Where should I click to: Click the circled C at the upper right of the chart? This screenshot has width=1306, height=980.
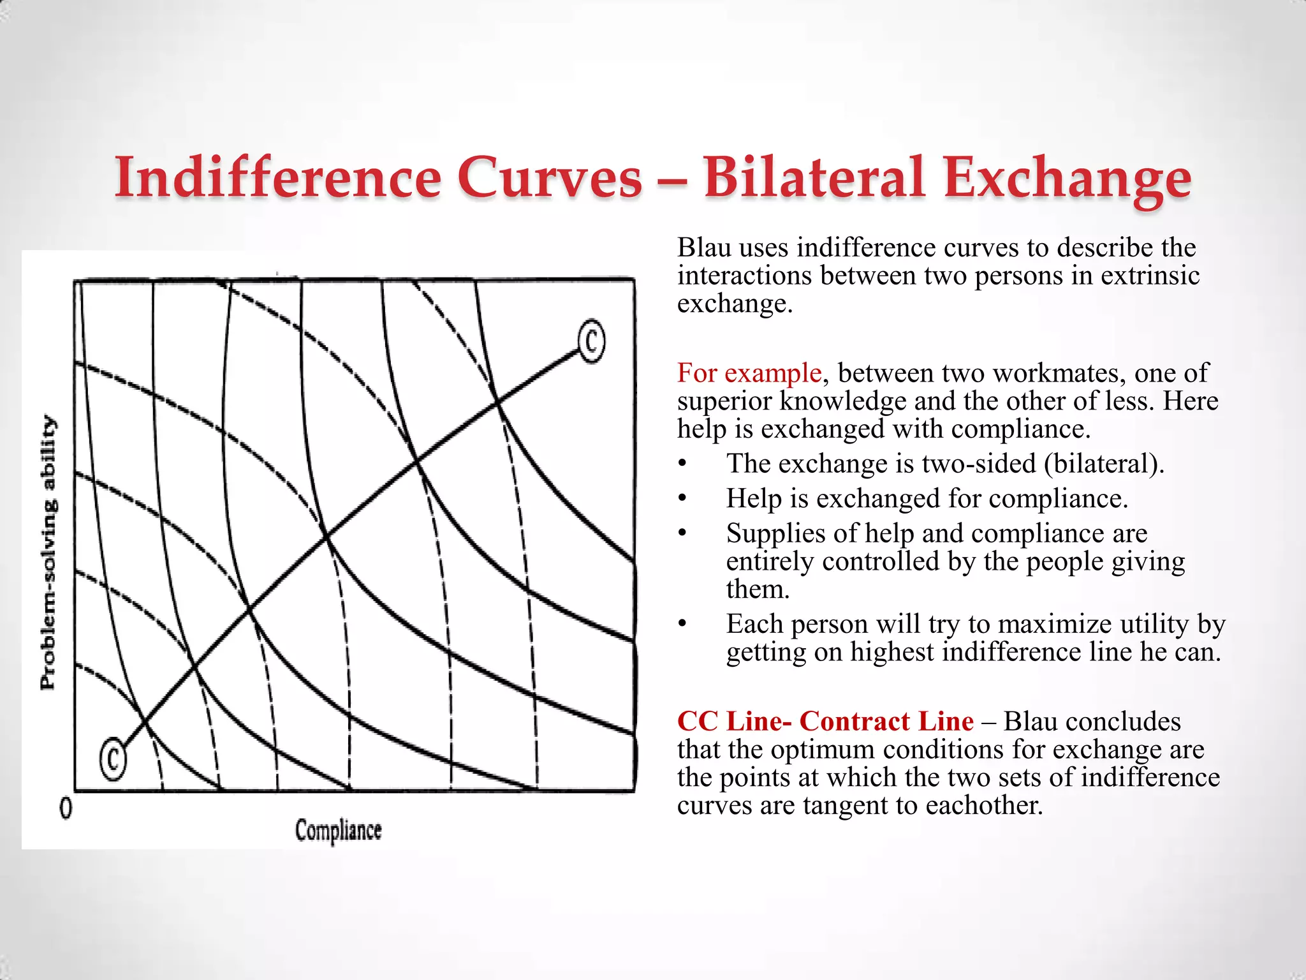click(x=591, y=341)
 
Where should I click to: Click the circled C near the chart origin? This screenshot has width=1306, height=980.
click(x=113, y=759)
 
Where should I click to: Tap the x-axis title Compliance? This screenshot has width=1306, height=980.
click(x=338, y=831)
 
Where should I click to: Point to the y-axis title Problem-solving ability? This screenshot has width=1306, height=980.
click(x=48, y=552)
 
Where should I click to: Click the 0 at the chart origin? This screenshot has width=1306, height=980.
click(x=66, y=809)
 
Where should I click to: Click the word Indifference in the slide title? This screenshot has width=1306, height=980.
click(x=277, y=177)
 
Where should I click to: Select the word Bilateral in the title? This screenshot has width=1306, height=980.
click(x=814, y=177)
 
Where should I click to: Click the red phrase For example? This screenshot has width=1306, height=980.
click(x=749, y=373)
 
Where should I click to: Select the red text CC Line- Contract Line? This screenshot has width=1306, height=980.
click(x=825, y=721)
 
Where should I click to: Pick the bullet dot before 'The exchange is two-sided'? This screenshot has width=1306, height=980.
click(x=682, y=464)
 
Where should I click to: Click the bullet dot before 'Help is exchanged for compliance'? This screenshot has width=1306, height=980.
click(x=682, y=499)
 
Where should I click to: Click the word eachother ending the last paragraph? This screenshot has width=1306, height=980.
click(x=983, y=805)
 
